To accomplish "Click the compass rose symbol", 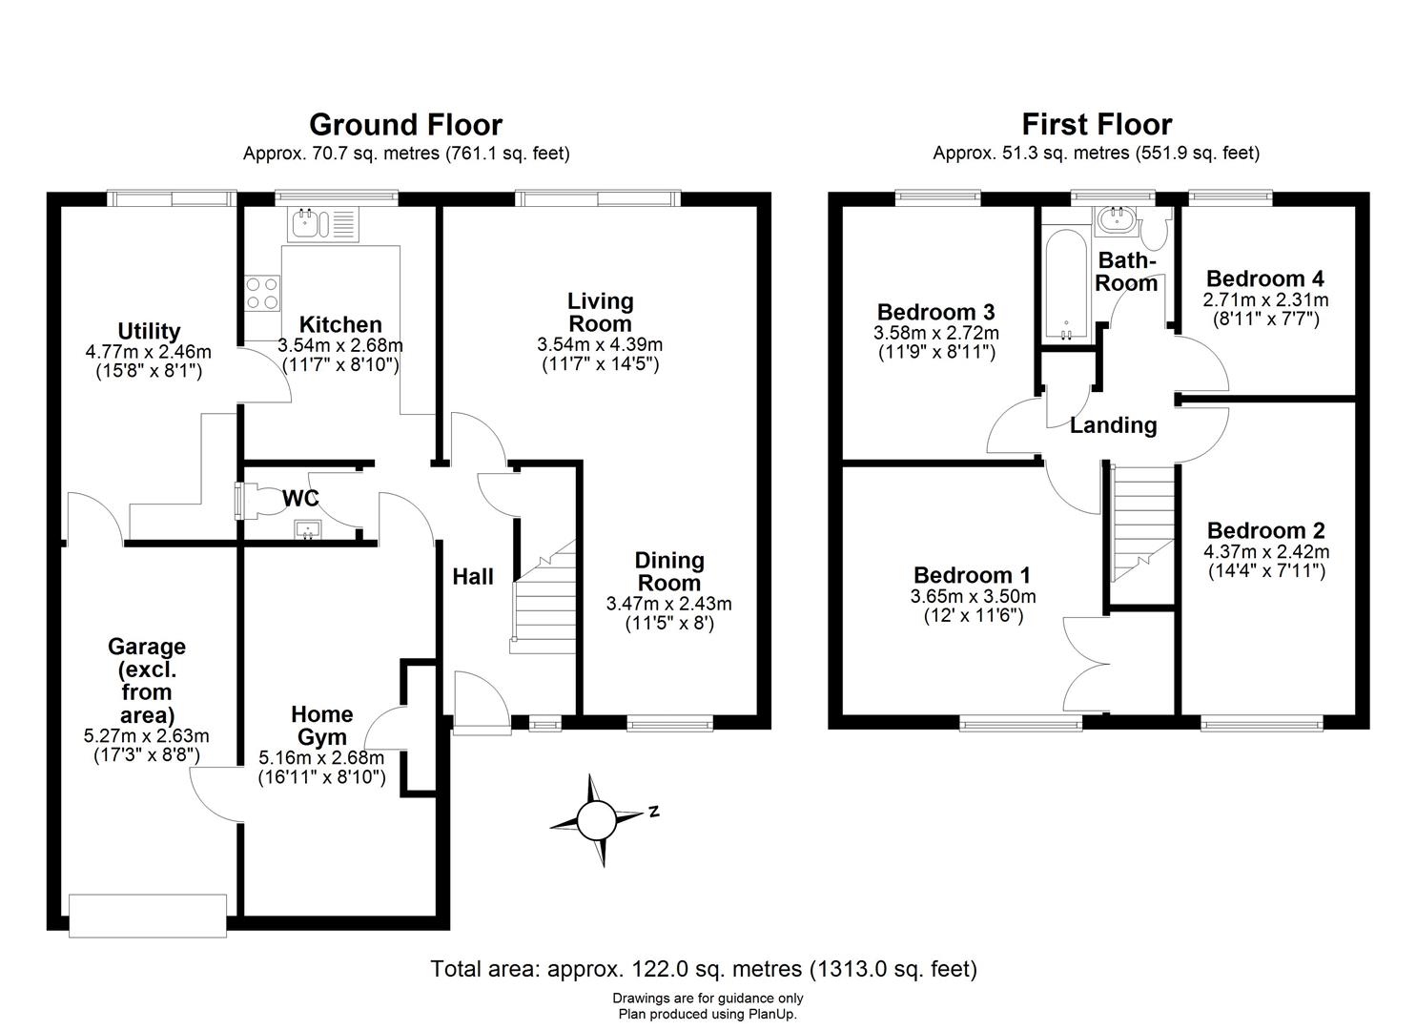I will click(x=598, y=819).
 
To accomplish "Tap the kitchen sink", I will click(x=321, y=225).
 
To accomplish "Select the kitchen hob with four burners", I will click(x=262, y=292).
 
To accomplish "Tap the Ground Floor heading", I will click(x=405, y=125).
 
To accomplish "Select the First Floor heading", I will click(x=1097, y=125).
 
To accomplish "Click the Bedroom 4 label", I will click(x=1264, y=278).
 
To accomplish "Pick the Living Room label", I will click(x=600, y=312).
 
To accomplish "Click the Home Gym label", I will click(x=321, y=725).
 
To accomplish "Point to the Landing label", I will click(x=1113, y=425).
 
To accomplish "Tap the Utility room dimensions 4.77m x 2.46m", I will click(x=148, y=352).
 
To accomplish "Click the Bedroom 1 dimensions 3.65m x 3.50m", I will click(x=973, y=597).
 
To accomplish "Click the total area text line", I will click(x=704, y=969).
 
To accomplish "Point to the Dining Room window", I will click(x=669, y=724).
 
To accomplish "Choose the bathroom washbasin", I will click(x=1115, y=220).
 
